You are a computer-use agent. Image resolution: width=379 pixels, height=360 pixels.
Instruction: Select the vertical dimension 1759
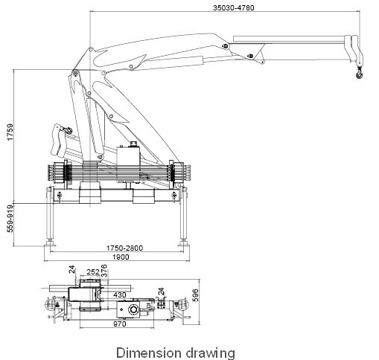10,135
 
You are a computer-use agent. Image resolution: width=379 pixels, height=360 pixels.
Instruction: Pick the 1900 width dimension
120,257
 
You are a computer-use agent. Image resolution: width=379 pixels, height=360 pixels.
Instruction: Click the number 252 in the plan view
94,272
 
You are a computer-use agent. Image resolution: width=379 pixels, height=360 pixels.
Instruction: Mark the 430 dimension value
119,295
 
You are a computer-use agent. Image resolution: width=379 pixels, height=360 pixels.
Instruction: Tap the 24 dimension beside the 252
72,269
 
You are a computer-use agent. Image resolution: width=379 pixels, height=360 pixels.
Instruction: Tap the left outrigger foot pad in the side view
51,242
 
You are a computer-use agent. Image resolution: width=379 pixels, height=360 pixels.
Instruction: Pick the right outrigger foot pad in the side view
183,242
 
